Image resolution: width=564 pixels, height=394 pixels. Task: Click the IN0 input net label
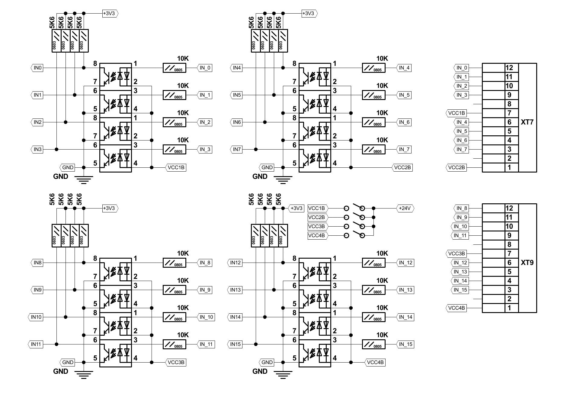coord(37,68)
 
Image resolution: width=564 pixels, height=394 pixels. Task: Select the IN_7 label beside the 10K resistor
coord(404,150)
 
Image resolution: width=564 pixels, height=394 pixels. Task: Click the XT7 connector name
coord(527,122)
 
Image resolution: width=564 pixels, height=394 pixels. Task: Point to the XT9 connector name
coord(527,263)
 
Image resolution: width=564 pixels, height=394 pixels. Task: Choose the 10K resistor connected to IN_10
coord(175,317)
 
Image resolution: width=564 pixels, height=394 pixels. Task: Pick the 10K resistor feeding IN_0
coord(175,68)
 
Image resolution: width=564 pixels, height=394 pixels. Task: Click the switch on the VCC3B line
coord(354,226)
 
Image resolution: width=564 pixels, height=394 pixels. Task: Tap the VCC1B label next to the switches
coord(316,208)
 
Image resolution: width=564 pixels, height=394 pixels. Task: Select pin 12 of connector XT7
coord(509,68)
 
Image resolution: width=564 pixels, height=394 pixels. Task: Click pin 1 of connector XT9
coord(509,308)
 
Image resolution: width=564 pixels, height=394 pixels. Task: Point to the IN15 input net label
coord(236,344)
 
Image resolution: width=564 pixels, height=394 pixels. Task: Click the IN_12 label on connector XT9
coord(460,263)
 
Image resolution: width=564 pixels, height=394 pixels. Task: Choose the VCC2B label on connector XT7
coord(457,168)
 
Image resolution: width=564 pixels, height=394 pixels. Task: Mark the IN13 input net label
coord(236,290)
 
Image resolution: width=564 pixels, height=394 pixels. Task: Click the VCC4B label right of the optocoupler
coord(375,363)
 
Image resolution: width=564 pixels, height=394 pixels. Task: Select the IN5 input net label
coord(237,95)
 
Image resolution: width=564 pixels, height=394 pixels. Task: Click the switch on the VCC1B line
coord(354,208)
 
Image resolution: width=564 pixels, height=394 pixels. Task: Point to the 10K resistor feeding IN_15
coord(374,344)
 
